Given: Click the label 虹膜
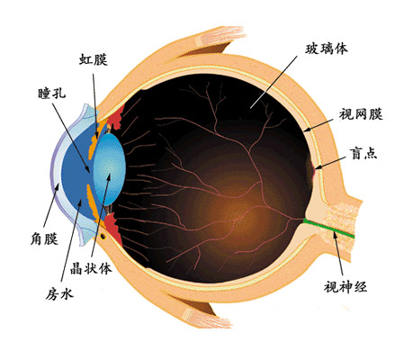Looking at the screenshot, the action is tap(94, 59).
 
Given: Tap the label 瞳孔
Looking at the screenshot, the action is tap(52, 94).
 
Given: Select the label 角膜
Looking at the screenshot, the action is tap(44, 239).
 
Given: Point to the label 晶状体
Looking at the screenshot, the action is tap(91, 268).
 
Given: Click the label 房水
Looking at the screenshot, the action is tap(59, 294).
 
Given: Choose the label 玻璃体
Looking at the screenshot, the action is tap(327, 49).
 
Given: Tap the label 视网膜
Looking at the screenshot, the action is tap(361, 114).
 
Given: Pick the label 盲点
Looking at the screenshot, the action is tap(364, 153).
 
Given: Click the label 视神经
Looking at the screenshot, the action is tap(346, 286).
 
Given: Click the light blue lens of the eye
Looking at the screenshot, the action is tap(109, 169).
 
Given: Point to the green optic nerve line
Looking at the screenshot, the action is tap(328, 229).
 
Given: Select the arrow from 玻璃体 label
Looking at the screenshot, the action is tap(274, 82).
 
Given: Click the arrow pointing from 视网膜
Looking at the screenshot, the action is tap(318, 125).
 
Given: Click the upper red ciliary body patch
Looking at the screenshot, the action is tap(115, 119).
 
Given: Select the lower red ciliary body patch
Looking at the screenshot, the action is tap(113, 228).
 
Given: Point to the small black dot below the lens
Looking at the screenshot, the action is tap(103, 237).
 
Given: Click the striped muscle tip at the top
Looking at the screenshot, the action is tap(223, 36).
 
